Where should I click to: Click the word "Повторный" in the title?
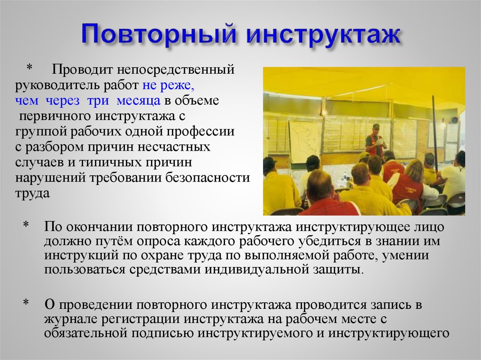(159, 35)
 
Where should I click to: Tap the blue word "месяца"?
(139, 100)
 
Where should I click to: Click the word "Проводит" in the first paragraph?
(81, 69)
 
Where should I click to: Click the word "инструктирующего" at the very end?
(389, 334)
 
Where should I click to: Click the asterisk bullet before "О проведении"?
(26, 303)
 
